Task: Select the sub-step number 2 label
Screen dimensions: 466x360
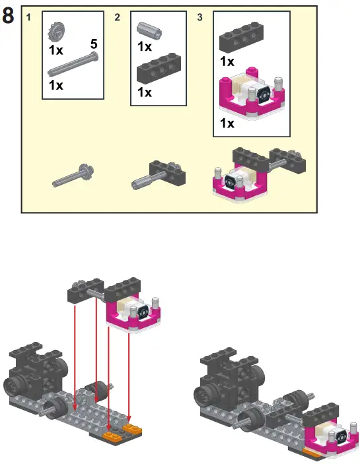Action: (117, 18)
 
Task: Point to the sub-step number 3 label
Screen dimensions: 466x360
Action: (200, 18)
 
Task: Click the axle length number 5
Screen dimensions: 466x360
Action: (94, 44)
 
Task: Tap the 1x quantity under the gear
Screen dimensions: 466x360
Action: (55, 49)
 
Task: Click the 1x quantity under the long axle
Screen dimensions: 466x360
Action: (55, 85)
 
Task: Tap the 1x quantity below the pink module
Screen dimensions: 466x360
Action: (227, 123)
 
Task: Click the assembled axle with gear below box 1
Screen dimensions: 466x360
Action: (74, 175)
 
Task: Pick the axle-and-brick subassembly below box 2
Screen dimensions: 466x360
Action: (159, 174)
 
